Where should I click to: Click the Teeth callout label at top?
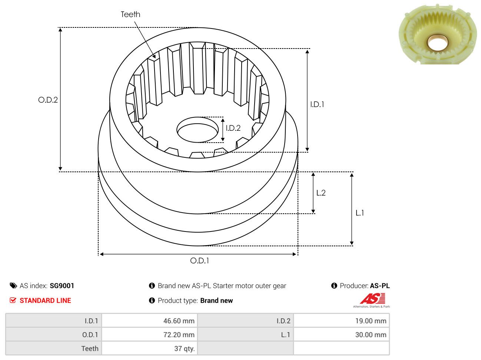[x=130, y=14]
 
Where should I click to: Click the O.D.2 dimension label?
[x=48, y=100]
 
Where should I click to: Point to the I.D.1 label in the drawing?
[x=317, y=104]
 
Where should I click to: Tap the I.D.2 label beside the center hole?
[x=233, y=128]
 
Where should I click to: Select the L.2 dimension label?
[x=321, y=193]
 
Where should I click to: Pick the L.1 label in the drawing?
[x=359, y=213]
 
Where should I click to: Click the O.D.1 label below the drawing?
[x=200, y=261]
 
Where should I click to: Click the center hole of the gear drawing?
[x=198, y=130]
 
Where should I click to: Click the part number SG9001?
[x=62, y=286]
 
